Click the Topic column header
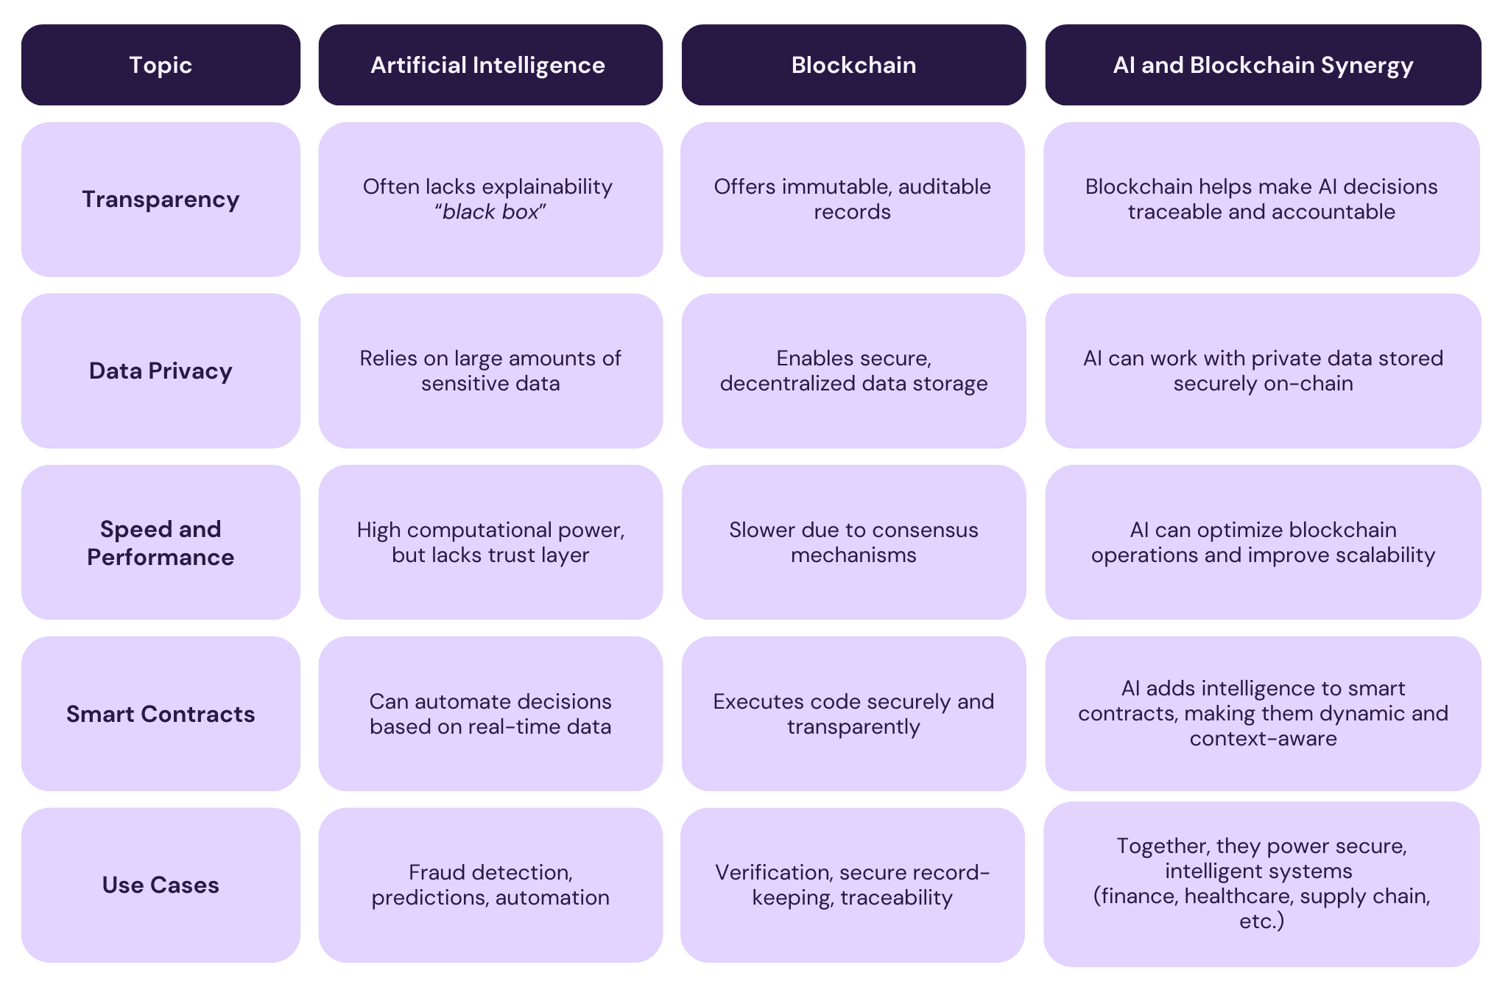tap(161, 65)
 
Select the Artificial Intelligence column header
tap(487, 65)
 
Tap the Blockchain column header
tap(853, 65)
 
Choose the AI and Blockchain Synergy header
tap(1263, 65)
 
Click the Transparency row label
tap(161, 199)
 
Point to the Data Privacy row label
tap(161, 371)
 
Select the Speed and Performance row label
tap(161, 542)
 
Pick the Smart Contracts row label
tap(161, 714)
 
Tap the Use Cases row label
tap(161, 885)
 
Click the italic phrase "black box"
tap(490, 212)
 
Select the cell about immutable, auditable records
tap(853, 199)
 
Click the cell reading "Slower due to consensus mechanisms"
tap(853, 542)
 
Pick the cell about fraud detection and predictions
tap(490, 885)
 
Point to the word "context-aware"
tap(1263, 739)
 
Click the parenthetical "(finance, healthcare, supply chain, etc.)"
tap(1262, 908)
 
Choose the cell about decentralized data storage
tap(853, 371)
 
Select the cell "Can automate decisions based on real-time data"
tap(490, 714)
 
